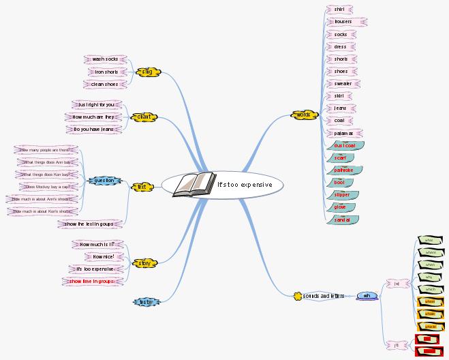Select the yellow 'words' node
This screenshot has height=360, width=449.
coord(303,115)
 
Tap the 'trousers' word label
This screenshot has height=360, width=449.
coord(343,22)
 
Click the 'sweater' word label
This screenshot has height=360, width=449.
coord(343,84)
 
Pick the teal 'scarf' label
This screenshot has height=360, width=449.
coord(340,157)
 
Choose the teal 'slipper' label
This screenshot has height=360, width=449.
coord(341,194)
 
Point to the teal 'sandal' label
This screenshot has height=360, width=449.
coord(342,220)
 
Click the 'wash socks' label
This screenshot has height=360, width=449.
coord(105,59)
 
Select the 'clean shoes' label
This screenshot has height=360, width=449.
coord(104,85)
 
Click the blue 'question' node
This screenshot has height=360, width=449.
coord(105,181)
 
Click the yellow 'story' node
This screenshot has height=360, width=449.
coord(144,262)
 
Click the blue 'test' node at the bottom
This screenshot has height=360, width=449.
coord(144,301)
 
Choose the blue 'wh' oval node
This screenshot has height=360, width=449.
coord(367,296)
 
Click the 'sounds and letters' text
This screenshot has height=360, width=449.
coord(324,296)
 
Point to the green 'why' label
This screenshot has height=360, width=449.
coord(429,277)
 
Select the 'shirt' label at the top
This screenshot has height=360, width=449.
coord(339,10)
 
